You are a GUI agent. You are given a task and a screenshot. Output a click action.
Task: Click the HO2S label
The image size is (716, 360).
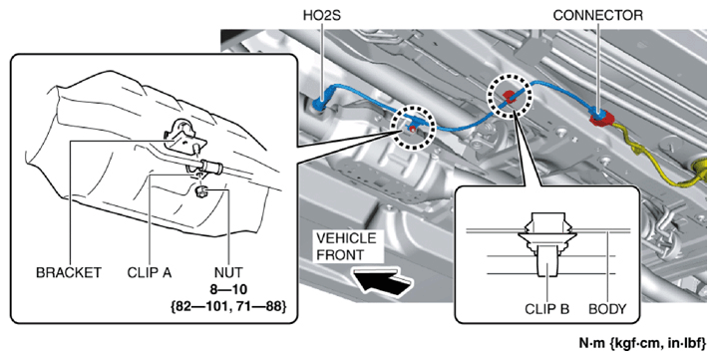click(x=321, y=16)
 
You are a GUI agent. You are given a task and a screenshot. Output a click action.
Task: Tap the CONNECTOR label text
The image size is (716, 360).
click(x=597, y=16)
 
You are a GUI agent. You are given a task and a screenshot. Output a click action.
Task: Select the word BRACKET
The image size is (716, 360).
click(x=69, y=272)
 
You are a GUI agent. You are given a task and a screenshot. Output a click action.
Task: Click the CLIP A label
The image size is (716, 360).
click(x=150, y=272)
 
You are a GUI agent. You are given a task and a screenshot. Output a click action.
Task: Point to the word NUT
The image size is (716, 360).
click(x=228, y=272)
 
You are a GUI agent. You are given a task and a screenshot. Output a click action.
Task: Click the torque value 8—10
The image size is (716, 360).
click(x=228, y=289)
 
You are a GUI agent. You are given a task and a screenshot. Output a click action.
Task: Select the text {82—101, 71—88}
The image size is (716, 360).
click(x=228, y=306)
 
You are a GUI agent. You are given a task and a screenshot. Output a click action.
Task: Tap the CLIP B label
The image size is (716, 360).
click(x=546, y=309)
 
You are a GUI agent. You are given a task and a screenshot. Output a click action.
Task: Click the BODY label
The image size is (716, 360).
click(x=607, y=309)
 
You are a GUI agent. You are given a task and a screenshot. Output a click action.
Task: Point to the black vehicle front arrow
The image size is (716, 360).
click(x=383, y=281)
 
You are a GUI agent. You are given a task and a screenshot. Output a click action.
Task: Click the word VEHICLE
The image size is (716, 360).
click(x=346, y=238)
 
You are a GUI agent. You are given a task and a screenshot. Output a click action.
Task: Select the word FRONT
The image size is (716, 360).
click(x=340, y=255)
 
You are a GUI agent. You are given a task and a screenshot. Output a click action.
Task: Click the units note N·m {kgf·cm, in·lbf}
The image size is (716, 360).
click(x=642, y=343)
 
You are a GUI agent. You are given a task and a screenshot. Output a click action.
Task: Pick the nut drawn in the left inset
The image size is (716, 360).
click(x=200, y=191)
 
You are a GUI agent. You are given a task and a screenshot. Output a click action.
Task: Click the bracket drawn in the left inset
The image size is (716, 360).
click(x=181, y=136)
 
